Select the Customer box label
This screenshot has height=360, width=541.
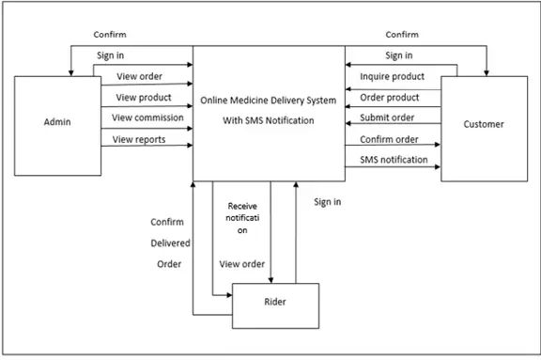pyautogui.click(x=484, y=124)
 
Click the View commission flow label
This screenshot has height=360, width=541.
pyautogui.click(x=147, y=117)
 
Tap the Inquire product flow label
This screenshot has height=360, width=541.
pyautogui.click(x=392, y=76)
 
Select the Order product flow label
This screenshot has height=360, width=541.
pyautogui.click(x=389, y=97)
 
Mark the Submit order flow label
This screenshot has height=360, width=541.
pyautogui.click(x=389, y=117)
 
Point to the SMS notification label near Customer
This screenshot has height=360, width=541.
pyautogui.click(x=394, y=160)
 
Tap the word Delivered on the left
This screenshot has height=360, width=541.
pyautogui.click(x=171, y=243)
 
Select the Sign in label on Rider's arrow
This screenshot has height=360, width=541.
pyautogui.click(x=328, y=201)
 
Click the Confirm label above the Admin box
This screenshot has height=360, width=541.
pyautogui.click(x=111, y=35)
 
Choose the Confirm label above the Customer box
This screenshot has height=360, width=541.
pyautogui.click(x=402, y=35)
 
